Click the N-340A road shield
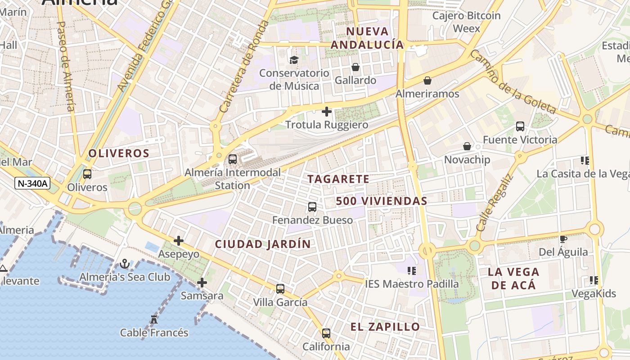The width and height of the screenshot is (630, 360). tap(32, 183)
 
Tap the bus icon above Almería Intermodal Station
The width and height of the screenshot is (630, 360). tap(233, 159)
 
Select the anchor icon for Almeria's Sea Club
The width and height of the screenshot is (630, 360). tap(125, 264)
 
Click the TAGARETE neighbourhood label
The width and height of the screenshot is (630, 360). tap(338, 179)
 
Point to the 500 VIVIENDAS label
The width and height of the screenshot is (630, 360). tap(382, 201)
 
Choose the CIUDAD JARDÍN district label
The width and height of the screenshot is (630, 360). tap(263, 244)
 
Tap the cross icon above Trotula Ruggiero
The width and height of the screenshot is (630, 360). tap(327, 112)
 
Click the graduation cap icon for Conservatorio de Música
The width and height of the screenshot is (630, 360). tap(294, 60)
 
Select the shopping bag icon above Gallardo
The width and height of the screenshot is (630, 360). tap(355, 67)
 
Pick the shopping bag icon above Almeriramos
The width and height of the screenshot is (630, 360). tap(427, 81)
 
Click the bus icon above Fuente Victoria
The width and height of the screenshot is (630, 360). tap(520, 126)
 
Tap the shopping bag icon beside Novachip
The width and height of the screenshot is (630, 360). tap(467, 146)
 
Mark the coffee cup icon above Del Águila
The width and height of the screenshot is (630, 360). tap(563, 239)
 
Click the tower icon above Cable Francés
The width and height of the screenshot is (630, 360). tap(154, 319)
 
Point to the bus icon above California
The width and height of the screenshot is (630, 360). tap(326, 333)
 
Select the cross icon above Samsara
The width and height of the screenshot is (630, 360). tap(202, 283)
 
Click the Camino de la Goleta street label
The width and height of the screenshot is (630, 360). tap(513, 81)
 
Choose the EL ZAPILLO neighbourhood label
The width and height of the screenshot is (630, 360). tap(385, 327)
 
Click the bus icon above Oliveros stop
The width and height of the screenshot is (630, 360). tap(87, 174)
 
